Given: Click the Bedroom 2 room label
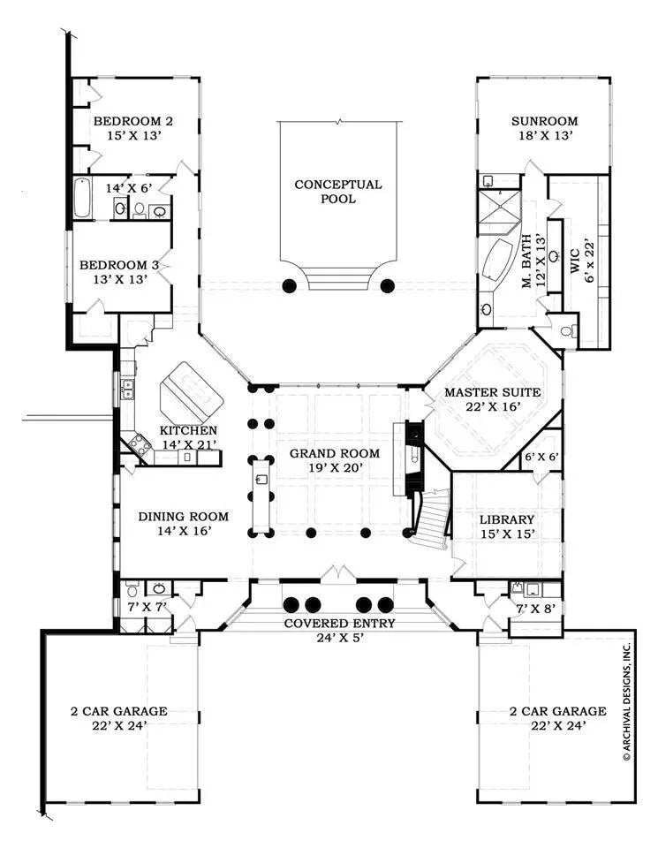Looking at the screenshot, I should coord(132,121).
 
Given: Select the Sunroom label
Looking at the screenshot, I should coord(544,121).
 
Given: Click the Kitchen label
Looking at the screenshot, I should coord(188,430).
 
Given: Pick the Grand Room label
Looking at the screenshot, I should coord(335,453).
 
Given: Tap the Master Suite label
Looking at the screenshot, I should coord(491,392).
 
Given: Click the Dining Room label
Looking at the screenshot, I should coord(183,517).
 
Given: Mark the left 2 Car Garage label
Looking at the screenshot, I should coord(119,710).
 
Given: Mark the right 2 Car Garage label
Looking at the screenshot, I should coord(558,710).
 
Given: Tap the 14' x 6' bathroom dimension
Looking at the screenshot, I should coord(130,187).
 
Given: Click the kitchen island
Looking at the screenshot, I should coord(193,391).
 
